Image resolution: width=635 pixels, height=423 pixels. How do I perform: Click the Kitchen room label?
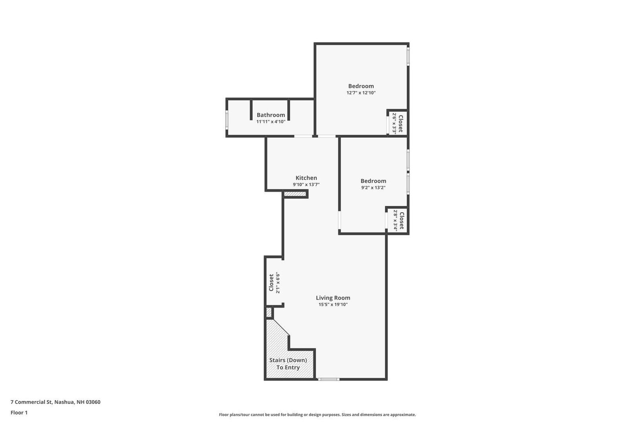(x=306, y=178)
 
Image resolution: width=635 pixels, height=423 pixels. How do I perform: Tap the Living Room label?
(x=333, y=298)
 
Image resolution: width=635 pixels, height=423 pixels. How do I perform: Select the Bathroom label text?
(x=271, y=115)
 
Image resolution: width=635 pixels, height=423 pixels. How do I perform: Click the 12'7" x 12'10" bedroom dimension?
(x=361, y=93)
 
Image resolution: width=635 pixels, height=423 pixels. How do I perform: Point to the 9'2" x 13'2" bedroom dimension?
(x=373, y=188)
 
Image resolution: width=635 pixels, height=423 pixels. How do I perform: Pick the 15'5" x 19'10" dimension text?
(x=333, y=305)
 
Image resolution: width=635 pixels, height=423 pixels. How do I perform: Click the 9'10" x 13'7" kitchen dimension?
(x=306, y=185)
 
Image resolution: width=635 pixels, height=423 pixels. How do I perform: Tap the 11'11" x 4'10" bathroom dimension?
(x=271, y=122)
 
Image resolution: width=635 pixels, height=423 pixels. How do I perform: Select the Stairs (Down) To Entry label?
(x=288, y=364)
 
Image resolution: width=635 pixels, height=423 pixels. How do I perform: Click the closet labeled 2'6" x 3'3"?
(x=398, y=123)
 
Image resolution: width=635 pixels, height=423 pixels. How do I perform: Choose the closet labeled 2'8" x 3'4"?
(x=398, y=220)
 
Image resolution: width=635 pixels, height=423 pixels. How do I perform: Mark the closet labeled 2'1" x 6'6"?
(x=274, y=283)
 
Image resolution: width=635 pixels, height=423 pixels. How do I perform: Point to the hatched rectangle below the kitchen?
(x=295, y=194)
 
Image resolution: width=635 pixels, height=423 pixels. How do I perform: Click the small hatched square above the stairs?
(x=269, y=313)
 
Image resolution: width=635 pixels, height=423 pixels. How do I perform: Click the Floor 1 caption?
(x=19, y=413)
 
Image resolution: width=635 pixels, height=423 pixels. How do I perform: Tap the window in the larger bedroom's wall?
(x=408, y=57)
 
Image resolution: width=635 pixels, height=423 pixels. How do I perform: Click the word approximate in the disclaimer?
(x=404, y=415)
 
